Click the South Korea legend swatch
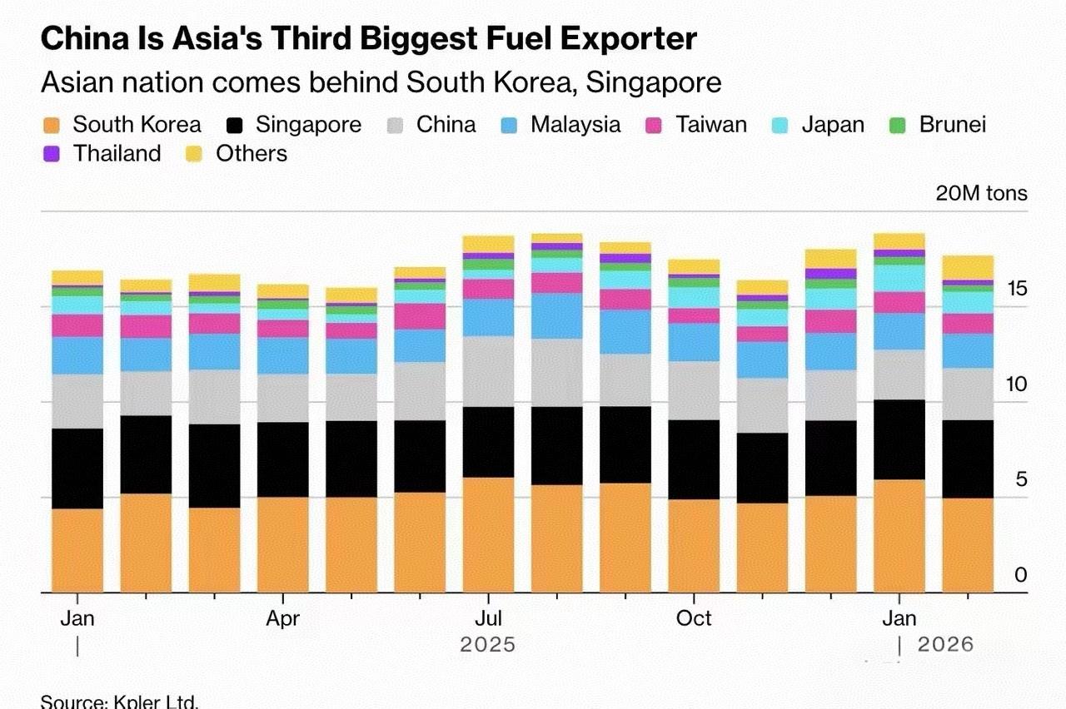[52, 126]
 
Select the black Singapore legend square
[235, 126]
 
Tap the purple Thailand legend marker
[52, 154]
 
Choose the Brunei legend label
[953, 125]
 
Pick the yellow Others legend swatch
[195, 154]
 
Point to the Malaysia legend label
[575, 125]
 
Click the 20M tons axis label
[981, 194]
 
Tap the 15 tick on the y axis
[1015, 290]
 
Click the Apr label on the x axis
[283, 619]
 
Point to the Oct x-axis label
[694, 619]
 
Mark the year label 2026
[945, 645]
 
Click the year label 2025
[488, 645]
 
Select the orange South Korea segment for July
[488, 535]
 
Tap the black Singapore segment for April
[283, 459]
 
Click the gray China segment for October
[694, 390]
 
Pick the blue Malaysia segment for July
[488, 317]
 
